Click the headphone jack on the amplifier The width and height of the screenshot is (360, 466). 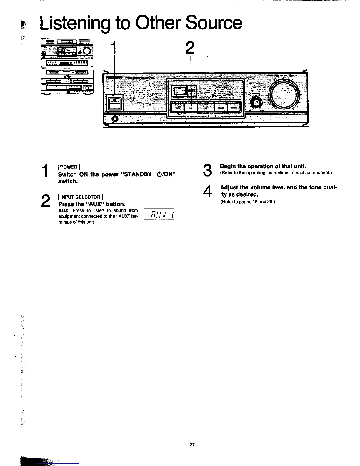pyautogui.click(x=115, y=119)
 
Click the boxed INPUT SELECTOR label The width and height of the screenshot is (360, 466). pyautogui.click(x=80, y=197)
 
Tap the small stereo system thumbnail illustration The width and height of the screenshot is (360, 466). pyautogui.click(x=67, y=66)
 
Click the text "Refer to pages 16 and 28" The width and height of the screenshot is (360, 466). pyautogui.click(x=247, y=202)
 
